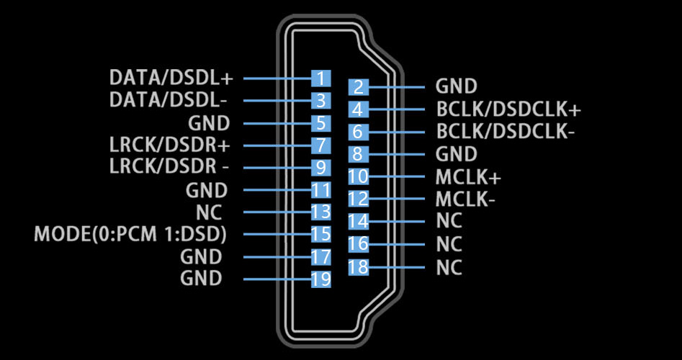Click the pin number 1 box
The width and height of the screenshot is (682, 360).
tap(320, 78)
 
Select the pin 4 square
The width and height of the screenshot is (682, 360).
tap(358, 109)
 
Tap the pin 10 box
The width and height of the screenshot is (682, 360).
tap(358, 176)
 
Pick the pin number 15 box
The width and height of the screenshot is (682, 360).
tap(320, 234)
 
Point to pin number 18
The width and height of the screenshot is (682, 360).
tap(358, 267)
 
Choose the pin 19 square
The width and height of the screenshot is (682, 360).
tap(320, 279)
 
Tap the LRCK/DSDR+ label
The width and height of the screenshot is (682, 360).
tap(170, 145)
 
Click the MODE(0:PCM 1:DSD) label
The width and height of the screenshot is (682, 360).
tap(131, 235)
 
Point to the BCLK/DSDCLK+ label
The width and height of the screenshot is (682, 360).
tap(508, 110)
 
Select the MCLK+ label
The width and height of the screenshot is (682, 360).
tap(468, 177)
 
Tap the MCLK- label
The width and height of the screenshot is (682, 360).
tap(465, 199)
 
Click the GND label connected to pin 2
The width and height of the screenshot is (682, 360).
tap(457, 87)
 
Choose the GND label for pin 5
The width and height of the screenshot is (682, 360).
tap(209, 122)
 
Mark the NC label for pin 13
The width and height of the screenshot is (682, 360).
tap(209, 212)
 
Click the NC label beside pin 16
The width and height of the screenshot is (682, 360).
tap(449, 244)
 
